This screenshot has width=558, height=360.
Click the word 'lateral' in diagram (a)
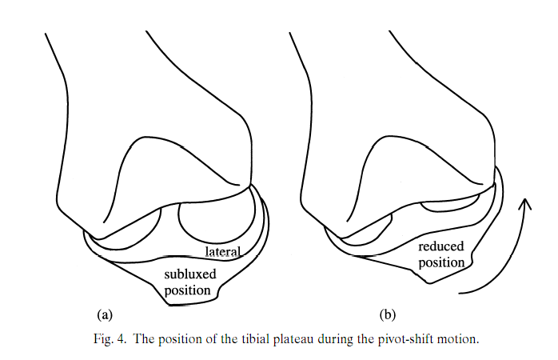click(x=223, y=252)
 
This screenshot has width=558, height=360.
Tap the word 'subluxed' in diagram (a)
click(x=188, y=275)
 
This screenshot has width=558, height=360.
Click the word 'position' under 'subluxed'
click(x=188, y=290)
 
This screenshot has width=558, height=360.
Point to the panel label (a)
click(x=103, y=314)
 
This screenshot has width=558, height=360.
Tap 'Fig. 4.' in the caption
click(x=106, y=339)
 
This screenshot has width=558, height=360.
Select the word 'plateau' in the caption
click(x=306, y=339)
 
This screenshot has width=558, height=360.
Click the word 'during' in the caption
click(x=349, y=339)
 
